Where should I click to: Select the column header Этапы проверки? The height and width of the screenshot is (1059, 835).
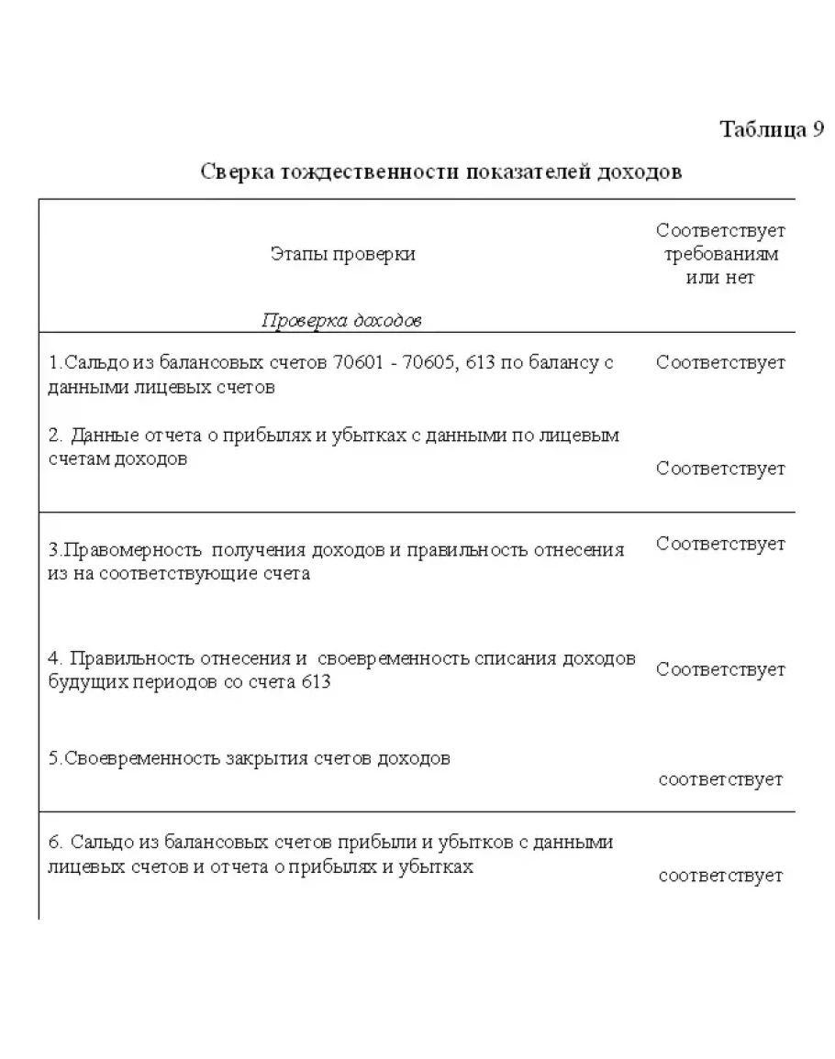342,254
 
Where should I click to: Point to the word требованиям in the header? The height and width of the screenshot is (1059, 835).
720,254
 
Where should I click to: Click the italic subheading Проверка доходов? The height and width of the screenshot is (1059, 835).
341,320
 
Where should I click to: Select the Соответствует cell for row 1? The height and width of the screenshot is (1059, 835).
720,362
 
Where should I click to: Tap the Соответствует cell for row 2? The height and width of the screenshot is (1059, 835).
720,469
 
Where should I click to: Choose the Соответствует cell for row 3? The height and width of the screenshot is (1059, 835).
720,544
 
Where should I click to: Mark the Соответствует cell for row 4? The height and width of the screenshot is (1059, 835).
720,669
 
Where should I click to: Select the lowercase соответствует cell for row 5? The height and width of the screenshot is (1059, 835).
720,779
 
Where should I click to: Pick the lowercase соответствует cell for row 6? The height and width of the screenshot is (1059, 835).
720,876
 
